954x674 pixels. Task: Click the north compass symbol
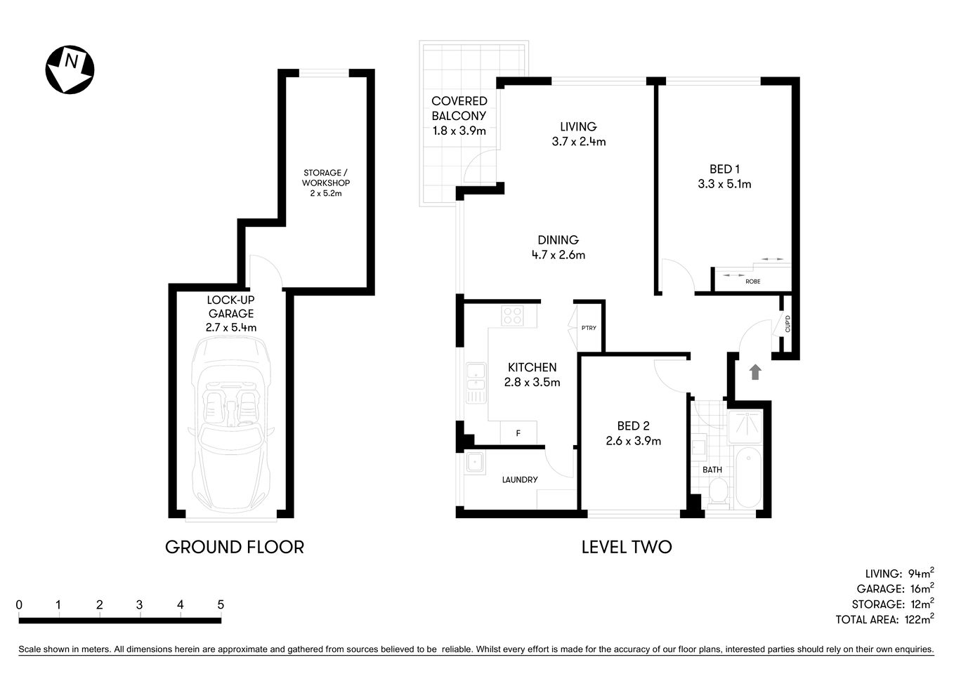(x=70, y=70)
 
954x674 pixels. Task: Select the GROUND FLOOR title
(x=234, y=547)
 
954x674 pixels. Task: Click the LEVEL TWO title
(x=626, y=547)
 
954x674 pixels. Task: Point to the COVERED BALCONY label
(x=459, y=109)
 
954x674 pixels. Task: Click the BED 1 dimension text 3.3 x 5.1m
(x=724, y=184)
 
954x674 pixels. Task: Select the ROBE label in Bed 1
(x=752, y=282)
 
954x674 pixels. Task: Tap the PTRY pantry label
(x=589, y=328)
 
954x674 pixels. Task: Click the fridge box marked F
(x=518, y=433)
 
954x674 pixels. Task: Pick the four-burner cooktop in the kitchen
(x=512, y=315)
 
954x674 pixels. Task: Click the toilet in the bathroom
(x=718, y=491)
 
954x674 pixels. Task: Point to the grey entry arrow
(x=755, y=372)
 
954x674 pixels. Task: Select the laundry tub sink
(x=474, y=462)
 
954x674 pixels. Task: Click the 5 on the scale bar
(x=221, y=604)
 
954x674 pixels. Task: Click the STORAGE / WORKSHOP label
(x=326, y=178)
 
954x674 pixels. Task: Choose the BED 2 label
(x=633, y=425)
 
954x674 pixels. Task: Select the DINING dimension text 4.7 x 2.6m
(x=558, y=255)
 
